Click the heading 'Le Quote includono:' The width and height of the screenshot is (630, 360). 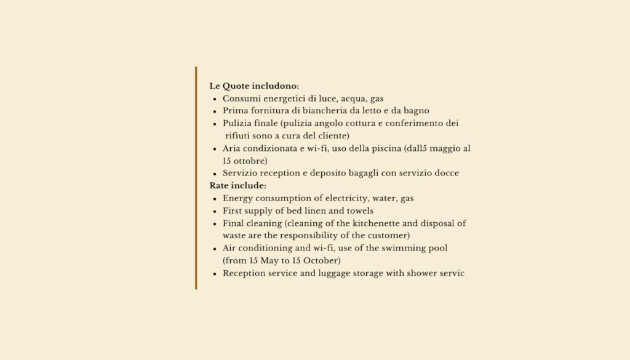tap(254, 86)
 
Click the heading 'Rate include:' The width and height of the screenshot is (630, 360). tap(237, 185)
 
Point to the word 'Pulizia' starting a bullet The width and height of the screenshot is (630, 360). tap(237, 123)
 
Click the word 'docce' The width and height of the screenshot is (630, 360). tap(446, 173)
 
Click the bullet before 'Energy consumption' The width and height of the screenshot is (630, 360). tap(215, 199)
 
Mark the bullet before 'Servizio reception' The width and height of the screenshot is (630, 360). tap(215, 174)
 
